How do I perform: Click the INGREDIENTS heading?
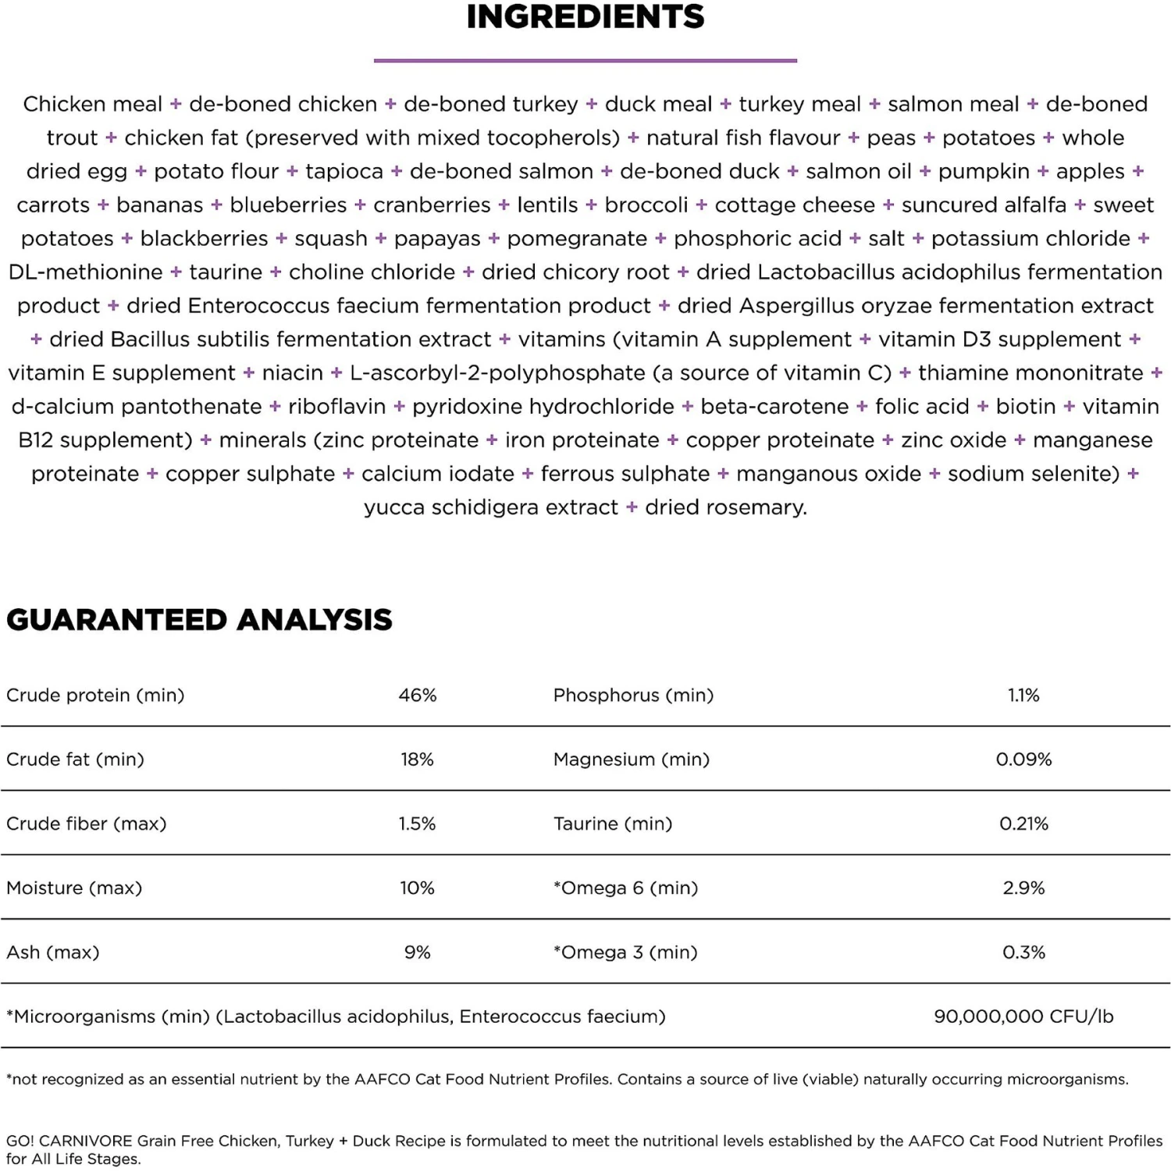pos(585,17)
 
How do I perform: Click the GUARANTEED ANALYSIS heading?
pos(199,620)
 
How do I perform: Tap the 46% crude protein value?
pos(418,696)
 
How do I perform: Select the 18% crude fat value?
pos(418,760)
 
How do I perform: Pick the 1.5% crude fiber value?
pos(418,824)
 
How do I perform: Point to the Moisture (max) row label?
pos(74,888)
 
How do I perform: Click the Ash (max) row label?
pos(53,952)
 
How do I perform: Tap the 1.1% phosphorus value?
pos(1023,696)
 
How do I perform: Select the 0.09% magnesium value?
pos(1023,760)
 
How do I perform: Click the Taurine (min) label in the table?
pos(613,824)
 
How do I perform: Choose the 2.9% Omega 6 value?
pos(1023,888)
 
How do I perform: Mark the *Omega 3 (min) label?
pos(625,952)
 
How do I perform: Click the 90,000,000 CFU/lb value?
pos(1023,1016)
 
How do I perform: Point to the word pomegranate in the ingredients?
pos(577,239)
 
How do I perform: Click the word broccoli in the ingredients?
pos(646,205)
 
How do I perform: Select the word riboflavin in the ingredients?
pos(336,407)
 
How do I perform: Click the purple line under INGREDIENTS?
pos(585,60)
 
